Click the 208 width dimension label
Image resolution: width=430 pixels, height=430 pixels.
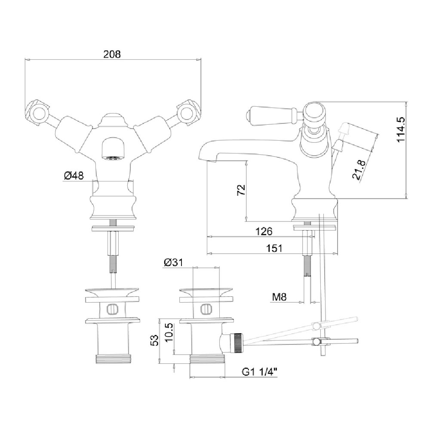(112, 54)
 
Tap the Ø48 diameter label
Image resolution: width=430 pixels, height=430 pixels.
(74, 175)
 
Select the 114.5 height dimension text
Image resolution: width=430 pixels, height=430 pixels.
(401, 129)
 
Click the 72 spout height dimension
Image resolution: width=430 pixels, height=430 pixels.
(241, 190)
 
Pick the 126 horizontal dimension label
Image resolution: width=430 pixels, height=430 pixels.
(264, 231)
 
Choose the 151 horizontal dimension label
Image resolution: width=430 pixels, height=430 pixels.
(274, 248)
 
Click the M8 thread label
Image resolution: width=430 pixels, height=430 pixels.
(279, 297)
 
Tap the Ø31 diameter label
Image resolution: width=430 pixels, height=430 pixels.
(173, 262)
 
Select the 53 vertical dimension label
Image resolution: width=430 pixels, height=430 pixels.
(155, 340)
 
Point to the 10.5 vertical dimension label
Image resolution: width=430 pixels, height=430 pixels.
(169, 332)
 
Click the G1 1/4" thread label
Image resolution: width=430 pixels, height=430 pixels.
(259, 372)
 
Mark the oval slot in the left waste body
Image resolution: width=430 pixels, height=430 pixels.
(112, 309)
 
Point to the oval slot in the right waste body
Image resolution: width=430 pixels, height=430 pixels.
(206, 309)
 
